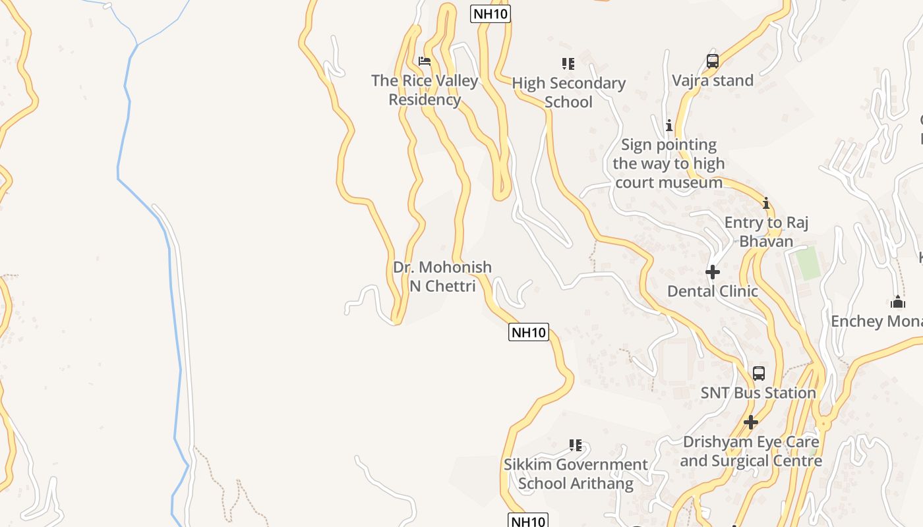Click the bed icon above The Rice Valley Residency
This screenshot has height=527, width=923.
(x=425, y=61)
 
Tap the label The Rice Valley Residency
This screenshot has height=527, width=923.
(x=425, y=90)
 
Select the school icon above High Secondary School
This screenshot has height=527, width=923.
(x=568, y=64)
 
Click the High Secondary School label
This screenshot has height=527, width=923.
(x=568, y=92)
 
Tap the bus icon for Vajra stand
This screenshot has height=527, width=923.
(x=712, y=61)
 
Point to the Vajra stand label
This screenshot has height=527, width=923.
(x=712, y=80)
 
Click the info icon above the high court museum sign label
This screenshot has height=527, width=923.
(x=669, y=125)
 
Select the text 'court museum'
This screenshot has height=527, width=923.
(x=669, y=182)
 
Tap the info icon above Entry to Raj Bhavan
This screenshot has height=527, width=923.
(x=766, y=204)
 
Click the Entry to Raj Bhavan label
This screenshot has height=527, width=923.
(x=766, y=232)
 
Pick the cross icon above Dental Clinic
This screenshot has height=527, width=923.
(x=712, y=272)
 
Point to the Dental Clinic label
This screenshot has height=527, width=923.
(x=712, y=291)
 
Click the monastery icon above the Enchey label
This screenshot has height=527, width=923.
(x=897, y=302)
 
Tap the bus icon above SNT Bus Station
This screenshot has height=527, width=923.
(x=758, y=374)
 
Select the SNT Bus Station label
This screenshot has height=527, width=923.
(x=758, y=393)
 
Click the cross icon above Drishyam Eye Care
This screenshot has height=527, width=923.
(x=750, y=422)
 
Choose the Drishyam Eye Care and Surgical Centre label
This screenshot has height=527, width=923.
(x=750, y=451)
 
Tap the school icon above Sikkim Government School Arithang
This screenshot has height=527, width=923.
(x=576, y=445)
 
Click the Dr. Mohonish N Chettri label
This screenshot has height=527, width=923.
(x=442, y=276)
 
